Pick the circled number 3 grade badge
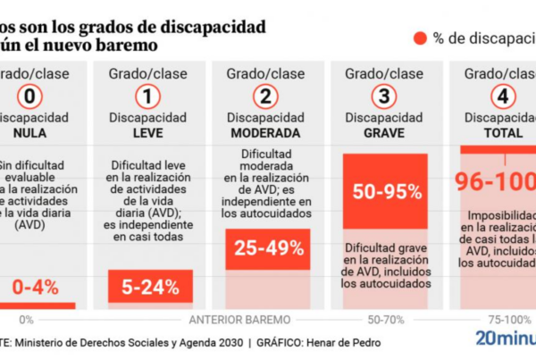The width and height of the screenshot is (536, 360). [x=384, y=96]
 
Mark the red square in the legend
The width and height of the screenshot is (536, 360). [x=419, y=38]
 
